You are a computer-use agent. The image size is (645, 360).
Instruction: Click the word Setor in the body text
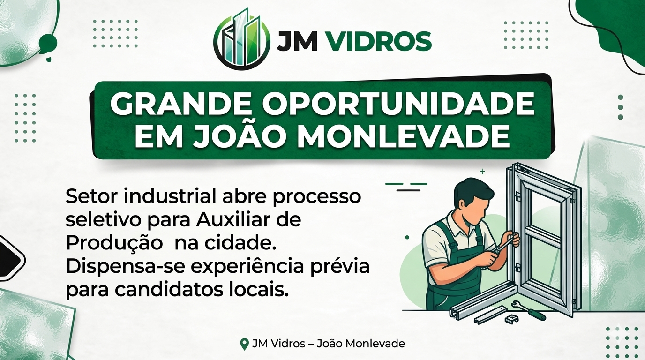click(91, 196)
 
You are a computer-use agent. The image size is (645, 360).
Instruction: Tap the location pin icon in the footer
click(244, 344)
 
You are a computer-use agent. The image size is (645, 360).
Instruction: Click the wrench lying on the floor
click(530, 310)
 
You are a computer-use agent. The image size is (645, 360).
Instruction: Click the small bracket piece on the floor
click(511, 319)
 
